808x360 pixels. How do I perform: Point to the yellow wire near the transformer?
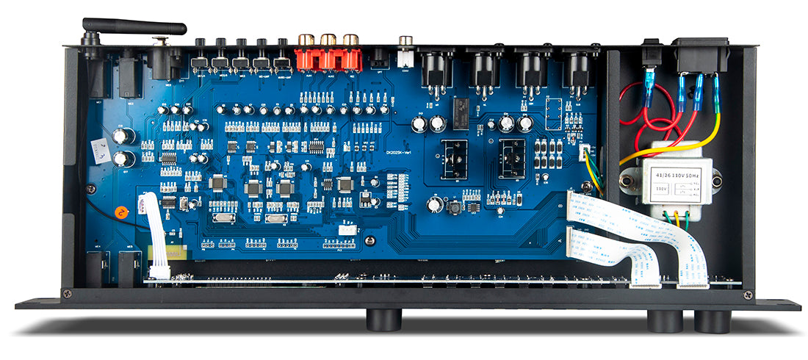676,140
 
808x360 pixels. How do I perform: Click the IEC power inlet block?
702,55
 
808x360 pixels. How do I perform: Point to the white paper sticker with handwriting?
98,152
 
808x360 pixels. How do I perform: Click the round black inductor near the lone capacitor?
454,209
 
